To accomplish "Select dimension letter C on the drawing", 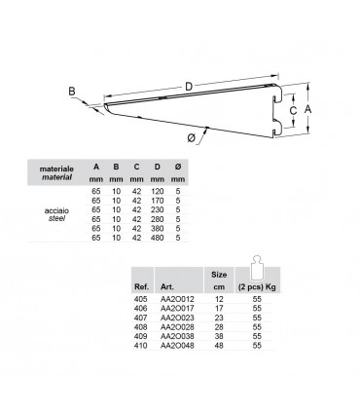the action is (292, 111).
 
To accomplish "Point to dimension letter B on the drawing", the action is (72, 93).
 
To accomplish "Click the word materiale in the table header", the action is (57, 168).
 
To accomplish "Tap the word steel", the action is (57, 219).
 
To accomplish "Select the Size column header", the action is (219, 275).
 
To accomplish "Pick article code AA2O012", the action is (176, 301).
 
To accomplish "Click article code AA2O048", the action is (176, 346).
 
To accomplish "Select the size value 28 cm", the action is (219, 328).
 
